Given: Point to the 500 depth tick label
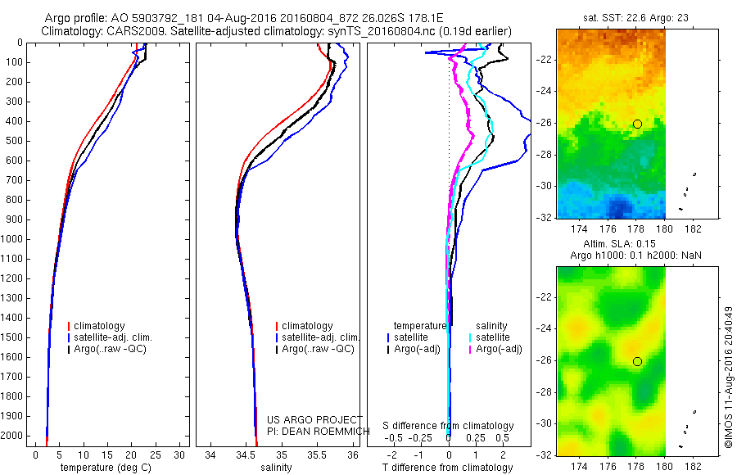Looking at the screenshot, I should tap(15, 141).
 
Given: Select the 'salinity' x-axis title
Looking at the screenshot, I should tap(274, 468).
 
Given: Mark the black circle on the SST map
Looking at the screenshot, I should tap(637, 124).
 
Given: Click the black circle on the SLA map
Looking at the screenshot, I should tap(637, 361).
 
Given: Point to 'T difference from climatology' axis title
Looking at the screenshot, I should tap(448, 468).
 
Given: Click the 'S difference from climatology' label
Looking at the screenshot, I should tap(449, 426).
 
